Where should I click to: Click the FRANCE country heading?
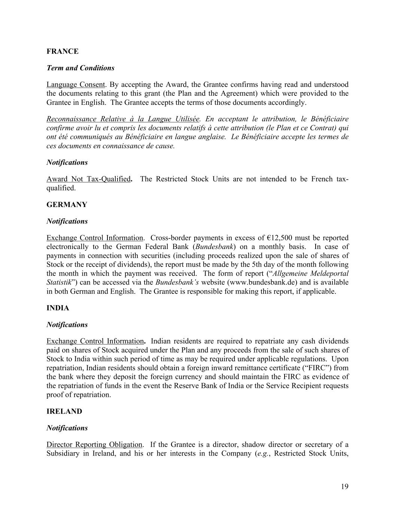[x=63, y=51]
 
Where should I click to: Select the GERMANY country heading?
[x=67, y=205]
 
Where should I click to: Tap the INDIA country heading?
[x=58, y=308]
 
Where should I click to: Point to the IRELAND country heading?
[x=64, y=411]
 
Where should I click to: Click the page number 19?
[x=344, y=486]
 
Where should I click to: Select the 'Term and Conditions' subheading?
[x=80, y=68]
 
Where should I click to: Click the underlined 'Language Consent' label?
[x=75, y=85]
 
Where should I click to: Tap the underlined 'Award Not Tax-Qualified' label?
[x=88, y=179]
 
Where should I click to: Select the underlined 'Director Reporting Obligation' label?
[x=94, y=445]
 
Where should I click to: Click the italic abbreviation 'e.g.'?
[x=264, y=454]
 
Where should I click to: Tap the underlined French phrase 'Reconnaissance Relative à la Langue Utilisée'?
[x=123, y=119]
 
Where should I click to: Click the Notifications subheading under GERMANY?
[x=67, y=221]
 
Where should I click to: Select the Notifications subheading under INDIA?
[x=67, y=325]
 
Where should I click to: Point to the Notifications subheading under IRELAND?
[x=67, y=428]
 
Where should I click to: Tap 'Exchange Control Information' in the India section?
[x=95, y=341]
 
